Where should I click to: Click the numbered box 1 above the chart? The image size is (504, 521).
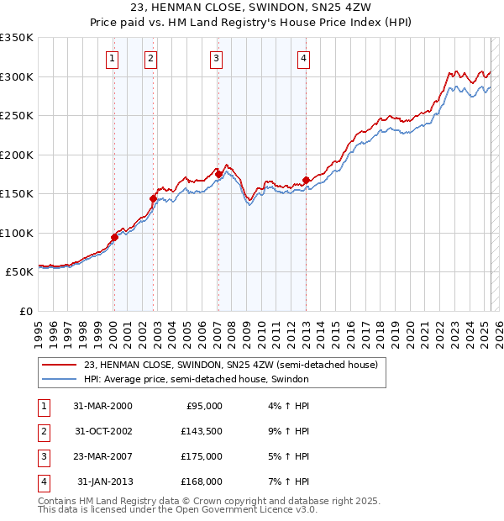point(113,59)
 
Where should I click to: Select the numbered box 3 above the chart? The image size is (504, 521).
point(217,59)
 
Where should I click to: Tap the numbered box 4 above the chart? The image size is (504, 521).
point(303,59)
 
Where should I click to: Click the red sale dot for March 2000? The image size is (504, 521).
point(114,237)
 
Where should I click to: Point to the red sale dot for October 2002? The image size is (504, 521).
point(153,199)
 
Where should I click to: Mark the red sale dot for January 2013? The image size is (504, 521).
point(306,180)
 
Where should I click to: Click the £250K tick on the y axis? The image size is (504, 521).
point(16,116)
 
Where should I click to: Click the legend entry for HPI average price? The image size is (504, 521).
point(197,379)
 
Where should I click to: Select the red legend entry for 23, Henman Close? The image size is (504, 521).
point(231,365)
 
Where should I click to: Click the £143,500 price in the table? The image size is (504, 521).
point(203,431)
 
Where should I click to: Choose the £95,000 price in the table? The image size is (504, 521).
point(203,406)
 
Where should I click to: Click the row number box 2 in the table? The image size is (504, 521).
point(43,431)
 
